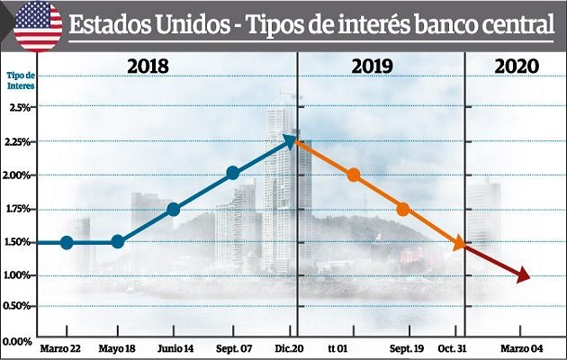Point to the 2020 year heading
[x=517, y=67]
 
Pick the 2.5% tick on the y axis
[x=19, y=107]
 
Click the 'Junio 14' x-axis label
[x=174, y=347]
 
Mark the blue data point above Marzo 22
[x=67, y=242]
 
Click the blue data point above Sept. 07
[x=233, y=174]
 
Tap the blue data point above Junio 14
[x=174, y=210]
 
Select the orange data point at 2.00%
[x=354, y=175]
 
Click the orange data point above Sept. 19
[x=402, y=209]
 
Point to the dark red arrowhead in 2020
[x=523, y=276]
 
